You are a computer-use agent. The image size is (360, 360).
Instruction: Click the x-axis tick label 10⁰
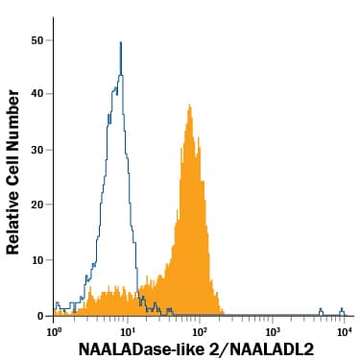click(x=55, y=329)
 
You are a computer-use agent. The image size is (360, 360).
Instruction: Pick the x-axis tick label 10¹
click(x=128, y=329)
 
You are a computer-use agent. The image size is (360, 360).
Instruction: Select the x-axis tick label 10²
click(x=201, y=329)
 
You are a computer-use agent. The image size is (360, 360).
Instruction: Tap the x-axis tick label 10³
click(x=274, y=329)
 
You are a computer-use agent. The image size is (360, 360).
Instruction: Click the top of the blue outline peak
click(x=121, y=43)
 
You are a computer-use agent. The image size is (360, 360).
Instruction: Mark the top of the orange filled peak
click(x=189, y=106)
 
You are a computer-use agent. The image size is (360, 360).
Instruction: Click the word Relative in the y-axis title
click(x=13, y=222)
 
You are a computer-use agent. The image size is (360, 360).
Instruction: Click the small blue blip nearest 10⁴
click(x=342, y=310)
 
